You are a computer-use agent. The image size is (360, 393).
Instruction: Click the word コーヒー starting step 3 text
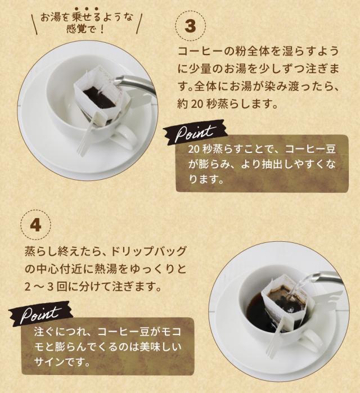196,51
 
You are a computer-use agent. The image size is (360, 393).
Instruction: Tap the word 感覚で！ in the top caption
85,29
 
